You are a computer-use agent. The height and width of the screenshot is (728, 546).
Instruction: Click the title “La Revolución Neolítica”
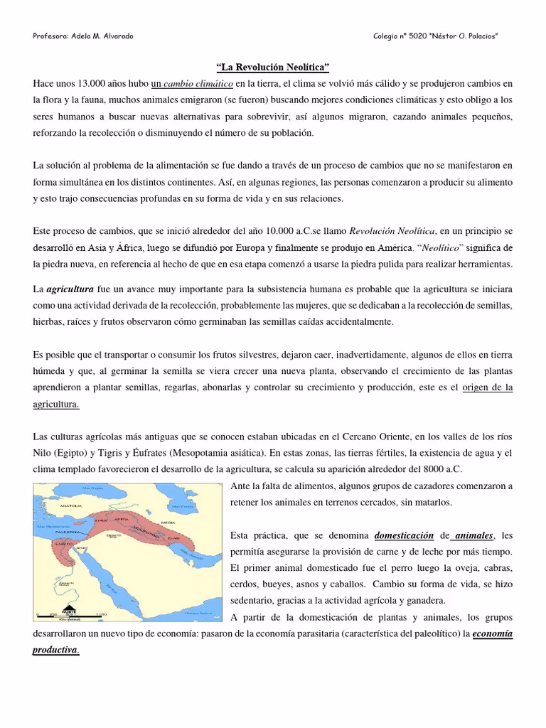pyautogui.click(x=273, y=68)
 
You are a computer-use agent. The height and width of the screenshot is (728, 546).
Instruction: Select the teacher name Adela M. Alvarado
pyautogui.click(x=103, y=36)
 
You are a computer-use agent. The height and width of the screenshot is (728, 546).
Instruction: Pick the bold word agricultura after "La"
pyautogui.click(x=70, y=290)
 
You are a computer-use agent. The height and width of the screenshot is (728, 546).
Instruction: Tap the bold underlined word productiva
pyautogui.click(x=55, y=650)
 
